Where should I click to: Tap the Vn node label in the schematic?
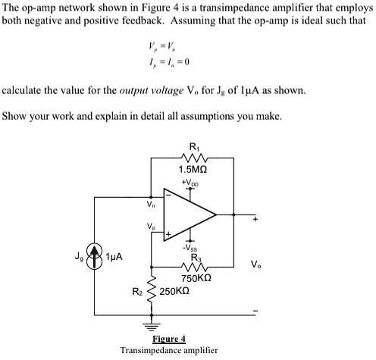pos(151,204)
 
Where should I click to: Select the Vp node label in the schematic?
pos(151,226)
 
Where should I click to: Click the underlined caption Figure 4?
pos(169,339)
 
